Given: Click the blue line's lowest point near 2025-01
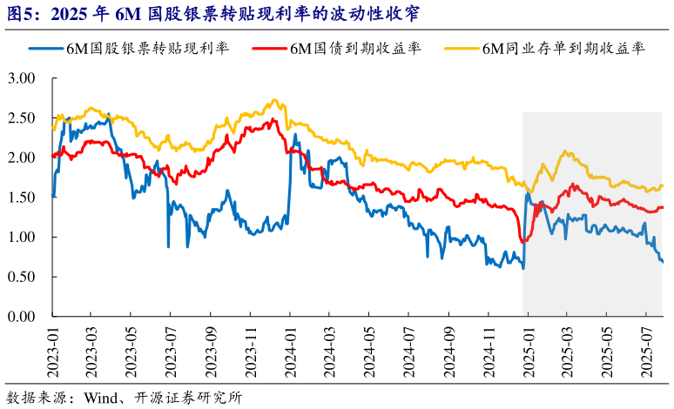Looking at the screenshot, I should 523,268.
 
